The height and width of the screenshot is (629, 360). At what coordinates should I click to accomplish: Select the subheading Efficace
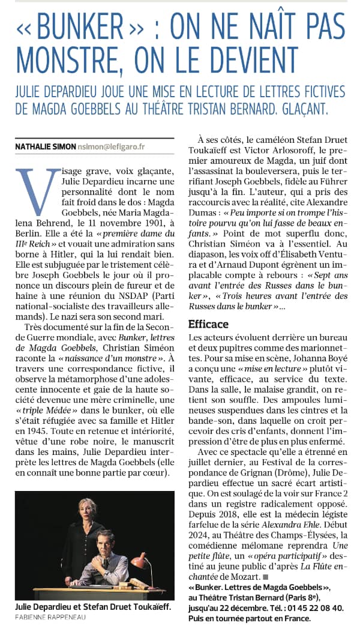pos(208,324)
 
